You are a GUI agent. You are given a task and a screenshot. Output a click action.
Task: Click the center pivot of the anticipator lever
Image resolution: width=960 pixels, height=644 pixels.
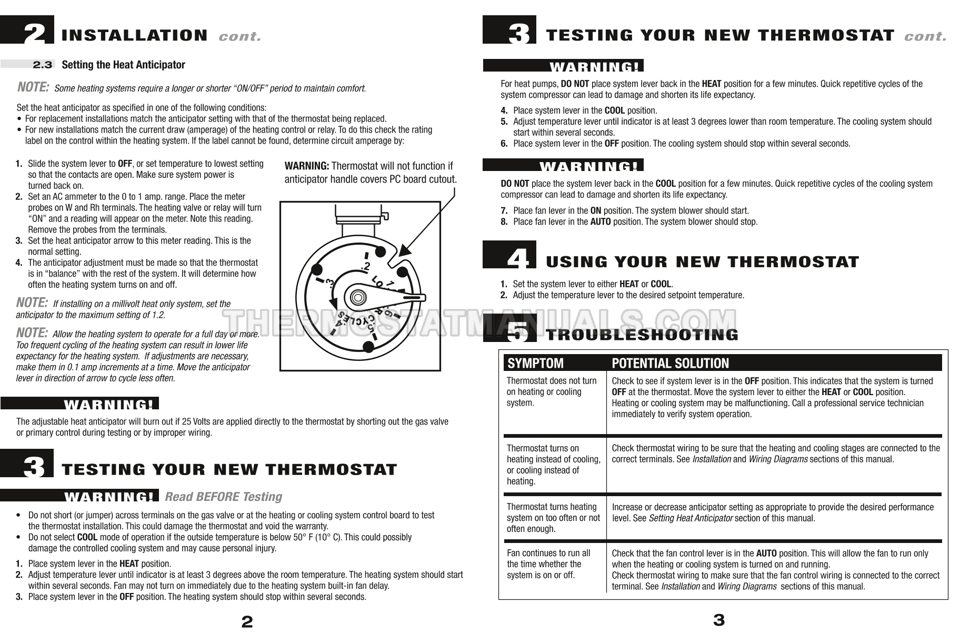(x=358, y=295)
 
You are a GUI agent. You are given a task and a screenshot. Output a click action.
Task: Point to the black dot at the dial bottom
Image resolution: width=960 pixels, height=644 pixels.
(x=369, y=346)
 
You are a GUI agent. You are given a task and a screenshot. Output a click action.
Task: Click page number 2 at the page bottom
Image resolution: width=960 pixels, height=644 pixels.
(x=247, y=622)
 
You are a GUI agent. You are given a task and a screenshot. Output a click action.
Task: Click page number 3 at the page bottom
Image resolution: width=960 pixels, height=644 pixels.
(x=718, y=620)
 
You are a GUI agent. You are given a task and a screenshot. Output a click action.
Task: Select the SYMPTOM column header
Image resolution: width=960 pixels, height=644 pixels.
(x=535, y=363)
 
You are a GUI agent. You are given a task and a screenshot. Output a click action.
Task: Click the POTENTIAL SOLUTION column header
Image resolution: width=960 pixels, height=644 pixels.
(x=670, y=363)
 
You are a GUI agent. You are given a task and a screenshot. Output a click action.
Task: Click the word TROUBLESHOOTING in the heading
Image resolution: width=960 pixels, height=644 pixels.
(x=642, y=335)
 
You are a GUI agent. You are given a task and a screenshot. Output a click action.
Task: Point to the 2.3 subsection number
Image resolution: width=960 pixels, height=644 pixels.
(x=43, y=65)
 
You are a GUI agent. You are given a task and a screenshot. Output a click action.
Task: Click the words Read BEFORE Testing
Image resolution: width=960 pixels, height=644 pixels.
(x=224, y=497)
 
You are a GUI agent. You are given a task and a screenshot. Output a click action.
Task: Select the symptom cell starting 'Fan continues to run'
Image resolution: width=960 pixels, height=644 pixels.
(x=548, y=564)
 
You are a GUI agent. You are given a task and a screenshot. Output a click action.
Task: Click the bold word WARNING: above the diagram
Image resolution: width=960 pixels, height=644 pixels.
(x=307, y=166)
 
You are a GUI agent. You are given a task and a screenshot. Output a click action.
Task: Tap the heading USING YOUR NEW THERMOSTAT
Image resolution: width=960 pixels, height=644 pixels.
(x=703, y=261)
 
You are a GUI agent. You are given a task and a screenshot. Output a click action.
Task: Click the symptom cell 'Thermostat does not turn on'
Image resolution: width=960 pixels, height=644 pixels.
(x=552, y=391)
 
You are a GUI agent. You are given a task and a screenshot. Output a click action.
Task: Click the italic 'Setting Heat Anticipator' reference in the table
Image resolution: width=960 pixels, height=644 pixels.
(x=691, y=518)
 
